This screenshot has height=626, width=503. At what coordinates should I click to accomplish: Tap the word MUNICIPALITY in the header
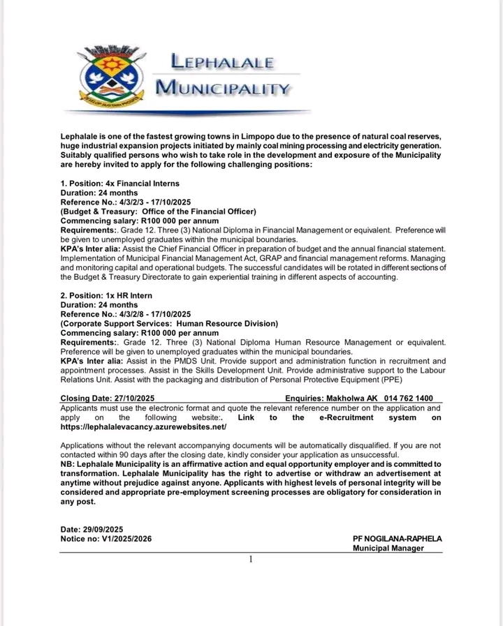point(221,89)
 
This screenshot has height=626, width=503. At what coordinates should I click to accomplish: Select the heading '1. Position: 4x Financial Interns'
point(120,184)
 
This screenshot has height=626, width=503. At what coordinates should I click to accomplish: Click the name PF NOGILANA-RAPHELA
point(398,539)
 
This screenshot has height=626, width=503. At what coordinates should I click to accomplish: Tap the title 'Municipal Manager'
point(389,549)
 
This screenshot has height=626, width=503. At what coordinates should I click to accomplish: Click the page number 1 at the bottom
point(250,559)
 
